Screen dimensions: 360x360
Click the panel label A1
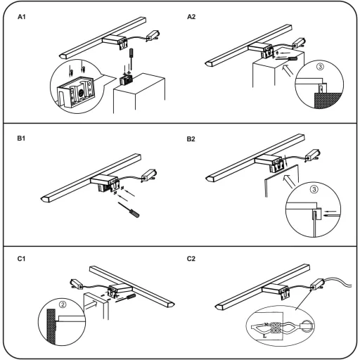(22, 17)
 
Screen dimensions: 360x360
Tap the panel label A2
(191, 17)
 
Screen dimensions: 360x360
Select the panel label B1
(21, 139)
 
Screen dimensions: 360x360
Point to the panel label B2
(191, 139)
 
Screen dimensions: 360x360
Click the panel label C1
(21, 259)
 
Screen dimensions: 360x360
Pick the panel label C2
(191, 259)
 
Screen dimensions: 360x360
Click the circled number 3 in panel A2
(320, 67)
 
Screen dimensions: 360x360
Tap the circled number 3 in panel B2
(314, 189)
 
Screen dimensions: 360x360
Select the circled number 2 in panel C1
(63, 304)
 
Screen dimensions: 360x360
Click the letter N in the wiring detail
(266, 325)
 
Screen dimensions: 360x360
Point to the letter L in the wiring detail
(264, 336)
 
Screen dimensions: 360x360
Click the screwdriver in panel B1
(129, 210)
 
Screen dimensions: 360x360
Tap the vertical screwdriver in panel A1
(131, 59)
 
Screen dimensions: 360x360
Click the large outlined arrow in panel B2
(289, 181)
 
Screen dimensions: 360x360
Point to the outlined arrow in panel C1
(91, 305)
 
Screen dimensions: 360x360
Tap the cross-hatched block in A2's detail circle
(328, 101)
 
